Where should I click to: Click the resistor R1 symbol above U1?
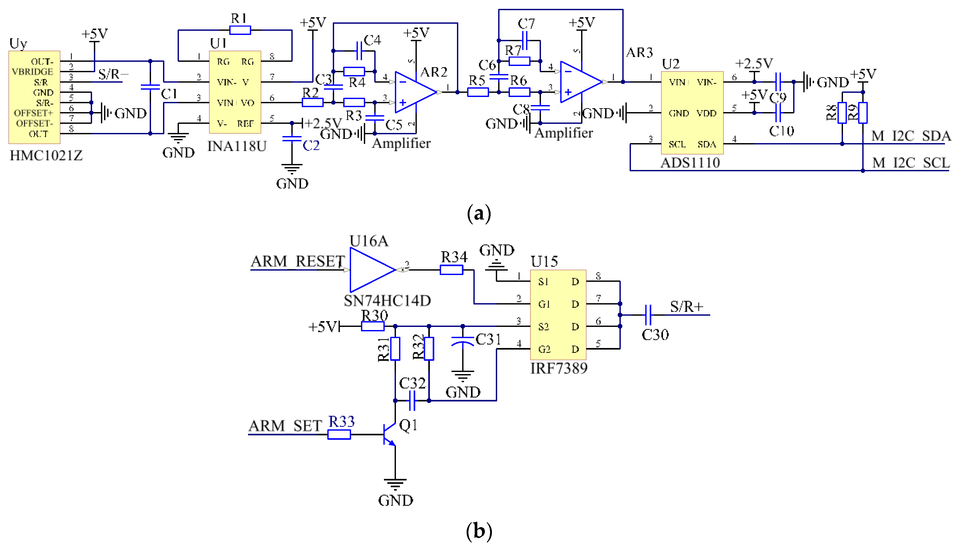(x=240, y=30)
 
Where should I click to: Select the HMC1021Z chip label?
(x=46, y=156)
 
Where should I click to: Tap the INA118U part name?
(x=237, y=146)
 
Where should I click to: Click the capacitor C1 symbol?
(x=150, y=87)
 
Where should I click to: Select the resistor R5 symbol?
(x=478, y=92)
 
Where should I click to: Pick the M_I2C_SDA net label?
(x=911, y=136)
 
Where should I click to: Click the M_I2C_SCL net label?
(x=911, y=163)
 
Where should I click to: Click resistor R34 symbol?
(x=451, y=270)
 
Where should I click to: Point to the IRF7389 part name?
(x=559, y=368)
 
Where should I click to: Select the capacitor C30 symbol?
(x=648, y=315)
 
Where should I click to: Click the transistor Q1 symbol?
(x=389, y=434)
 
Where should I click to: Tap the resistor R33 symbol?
(x=339, y=435)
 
